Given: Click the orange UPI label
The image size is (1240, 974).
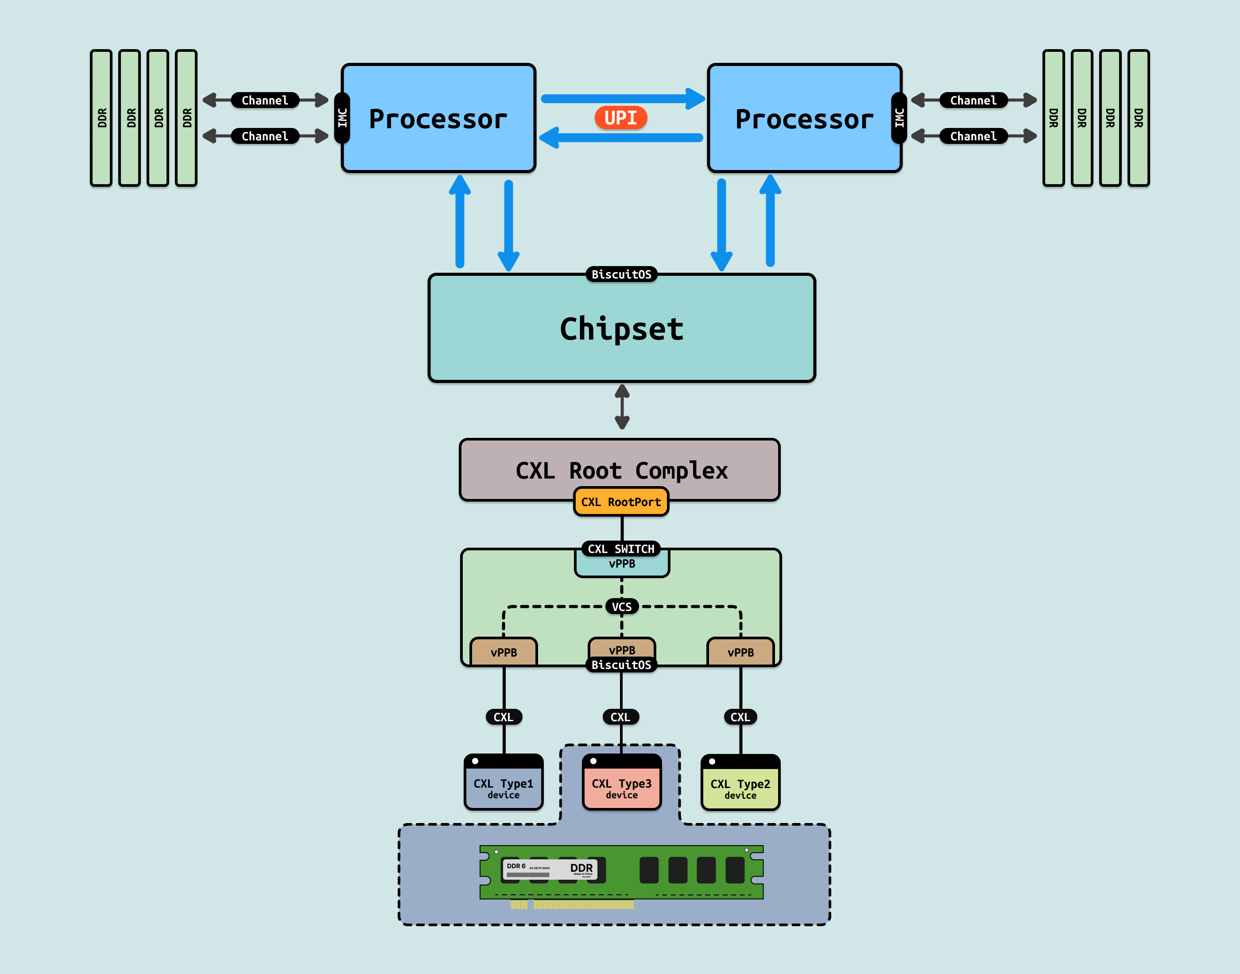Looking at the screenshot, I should point(620,117).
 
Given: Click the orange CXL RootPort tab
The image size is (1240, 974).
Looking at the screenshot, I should point(620,502).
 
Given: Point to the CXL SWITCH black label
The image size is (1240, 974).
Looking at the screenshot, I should point(620,549).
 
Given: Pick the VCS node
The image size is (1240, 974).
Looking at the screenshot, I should point(621,607).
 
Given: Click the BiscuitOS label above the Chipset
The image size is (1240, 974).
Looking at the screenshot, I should point(621,274).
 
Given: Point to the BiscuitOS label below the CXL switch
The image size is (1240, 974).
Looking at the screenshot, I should point(621,665).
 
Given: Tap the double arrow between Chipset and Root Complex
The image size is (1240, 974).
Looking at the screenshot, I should point(622,406).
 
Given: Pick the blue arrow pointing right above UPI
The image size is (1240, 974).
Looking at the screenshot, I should point(622,99).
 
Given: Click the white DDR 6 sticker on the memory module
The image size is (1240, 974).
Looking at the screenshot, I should point(549,870).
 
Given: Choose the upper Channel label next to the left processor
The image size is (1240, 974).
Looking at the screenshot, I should point(265,100).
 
